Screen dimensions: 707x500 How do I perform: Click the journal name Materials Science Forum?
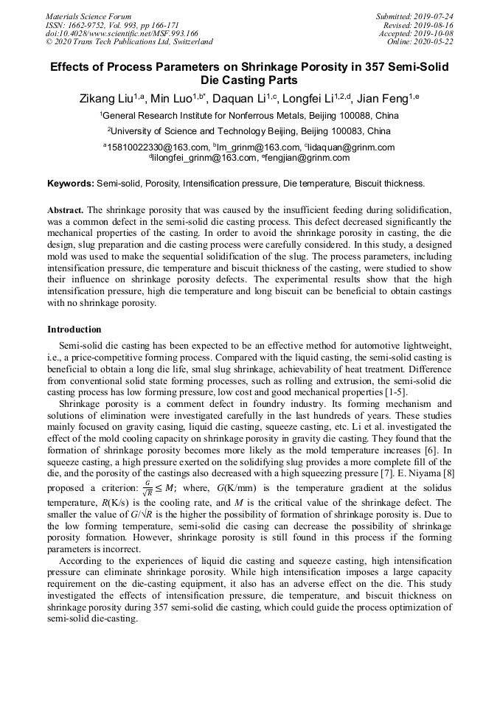point(88,15)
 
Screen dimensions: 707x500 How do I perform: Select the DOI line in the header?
point(122,33)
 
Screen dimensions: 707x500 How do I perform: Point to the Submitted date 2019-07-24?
point(435,15)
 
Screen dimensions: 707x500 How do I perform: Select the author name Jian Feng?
point(381,98)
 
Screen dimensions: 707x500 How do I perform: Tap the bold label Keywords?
point(71,183)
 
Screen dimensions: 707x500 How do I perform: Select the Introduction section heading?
point(74,329)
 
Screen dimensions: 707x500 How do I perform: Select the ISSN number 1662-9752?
point(91,24)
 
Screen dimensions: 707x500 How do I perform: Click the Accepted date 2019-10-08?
point(435,33)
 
